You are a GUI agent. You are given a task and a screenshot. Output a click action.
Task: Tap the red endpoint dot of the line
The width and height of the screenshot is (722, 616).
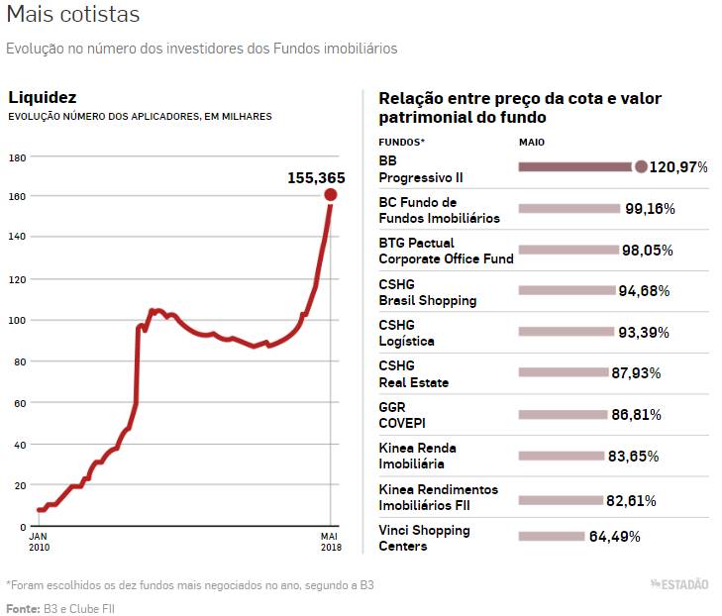tap(330, 194)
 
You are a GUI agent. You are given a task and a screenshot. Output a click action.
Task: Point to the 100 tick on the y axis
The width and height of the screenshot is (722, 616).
tap(17, 320)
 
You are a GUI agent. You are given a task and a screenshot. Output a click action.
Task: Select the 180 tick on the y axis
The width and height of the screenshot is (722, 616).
tap(17, 157)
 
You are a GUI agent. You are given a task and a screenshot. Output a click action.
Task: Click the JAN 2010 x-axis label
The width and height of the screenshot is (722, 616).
tap(39, 540)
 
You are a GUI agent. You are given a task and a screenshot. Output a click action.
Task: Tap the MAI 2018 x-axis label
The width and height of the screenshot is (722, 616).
tap(330, 540)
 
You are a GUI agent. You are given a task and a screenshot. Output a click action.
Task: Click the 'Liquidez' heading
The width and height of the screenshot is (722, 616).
tap(42, 97)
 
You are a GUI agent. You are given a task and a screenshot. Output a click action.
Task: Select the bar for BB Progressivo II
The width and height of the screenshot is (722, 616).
tap(575, 167)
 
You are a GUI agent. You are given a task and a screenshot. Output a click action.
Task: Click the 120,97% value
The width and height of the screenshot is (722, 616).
tap(678, 168)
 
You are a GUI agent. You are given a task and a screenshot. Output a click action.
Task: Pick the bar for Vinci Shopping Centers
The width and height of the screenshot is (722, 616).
tap(551, 537)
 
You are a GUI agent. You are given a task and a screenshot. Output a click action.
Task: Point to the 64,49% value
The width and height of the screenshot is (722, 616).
tap(615, 537)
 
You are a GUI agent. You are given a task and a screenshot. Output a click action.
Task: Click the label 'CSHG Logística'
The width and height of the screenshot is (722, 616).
tap(407, 333)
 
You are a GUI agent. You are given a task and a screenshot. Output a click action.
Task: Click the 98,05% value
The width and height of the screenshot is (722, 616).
tap(647, 251)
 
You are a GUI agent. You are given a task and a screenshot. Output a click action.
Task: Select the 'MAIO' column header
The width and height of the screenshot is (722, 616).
tap(532, 142)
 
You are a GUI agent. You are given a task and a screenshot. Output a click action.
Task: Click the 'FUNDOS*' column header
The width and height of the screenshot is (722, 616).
tap(401, 142)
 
